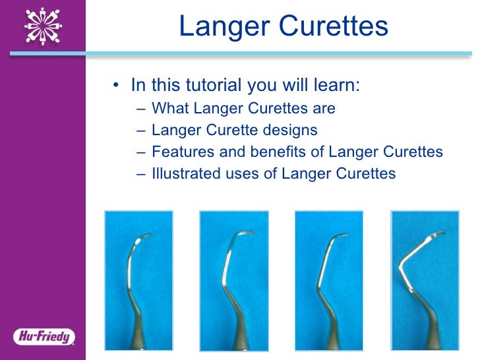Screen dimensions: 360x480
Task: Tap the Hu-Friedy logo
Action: (44, 337)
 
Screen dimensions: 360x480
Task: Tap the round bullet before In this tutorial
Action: (117, 86)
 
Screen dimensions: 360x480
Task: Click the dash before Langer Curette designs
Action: (143, 130)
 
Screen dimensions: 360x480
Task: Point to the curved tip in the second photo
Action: (243, 234)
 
